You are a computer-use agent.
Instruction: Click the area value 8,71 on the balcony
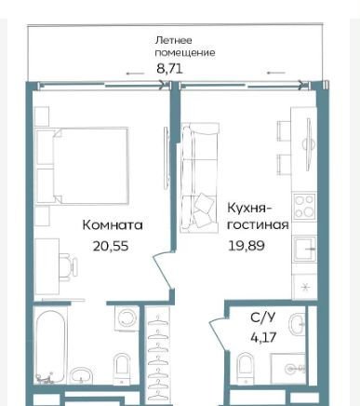169,69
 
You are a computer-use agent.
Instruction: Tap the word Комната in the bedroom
113,225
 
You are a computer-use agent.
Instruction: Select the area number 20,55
111,246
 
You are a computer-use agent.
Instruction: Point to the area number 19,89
247,246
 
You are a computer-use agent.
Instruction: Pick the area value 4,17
263,337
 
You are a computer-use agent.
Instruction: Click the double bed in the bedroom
82,166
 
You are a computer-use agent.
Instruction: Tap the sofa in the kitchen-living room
200,177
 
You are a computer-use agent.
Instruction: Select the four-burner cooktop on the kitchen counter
304,206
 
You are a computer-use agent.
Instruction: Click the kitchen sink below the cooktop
304,249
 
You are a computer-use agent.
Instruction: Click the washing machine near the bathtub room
126,318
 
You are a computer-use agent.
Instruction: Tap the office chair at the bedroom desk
69,267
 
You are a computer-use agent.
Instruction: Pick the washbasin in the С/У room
298,323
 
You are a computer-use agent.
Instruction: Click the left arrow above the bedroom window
135,74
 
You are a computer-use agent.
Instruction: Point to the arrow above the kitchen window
276,73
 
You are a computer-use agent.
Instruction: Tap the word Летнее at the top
174,40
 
